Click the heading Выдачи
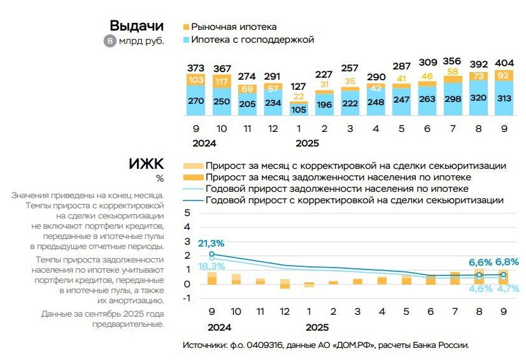(x=136, y=25)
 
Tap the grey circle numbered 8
(x=110, y=41)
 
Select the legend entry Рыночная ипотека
(x=233, y=27)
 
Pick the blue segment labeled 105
(x=298, y=109)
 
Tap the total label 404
(x=504, y=64)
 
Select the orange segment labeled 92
(x=504, y=76)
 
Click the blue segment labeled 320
(x=478, y=97)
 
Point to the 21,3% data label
(x=211, y=243)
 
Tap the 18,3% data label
(x=211, y=267)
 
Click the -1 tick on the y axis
(x=185, y=298)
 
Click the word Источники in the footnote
(x=204, y=345)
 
